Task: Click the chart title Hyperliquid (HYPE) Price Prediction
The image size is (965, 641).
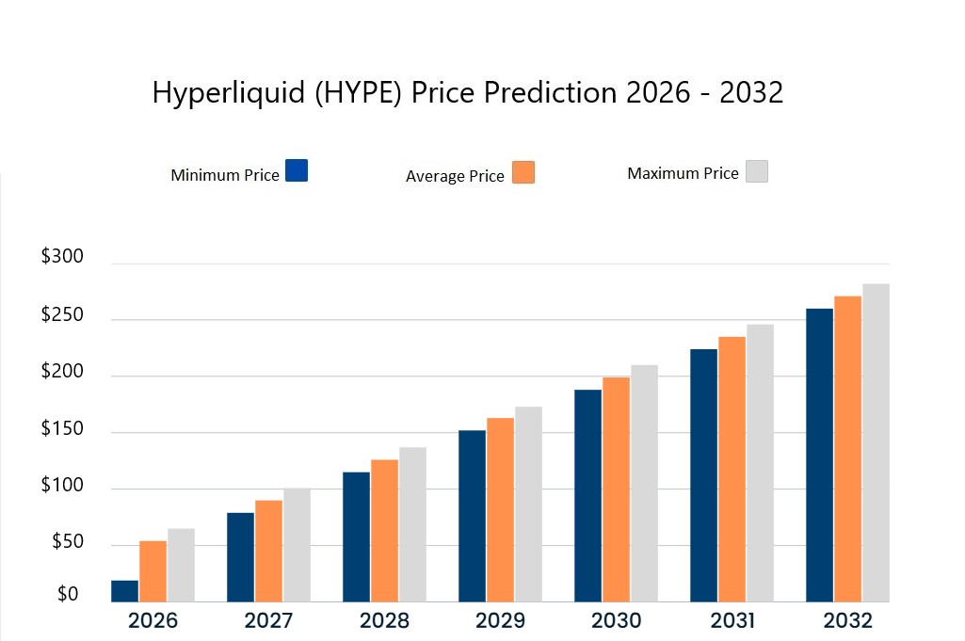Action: [x=468, y=93]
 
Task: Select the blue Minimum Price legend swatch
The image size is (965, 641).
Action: [x=296, y=170]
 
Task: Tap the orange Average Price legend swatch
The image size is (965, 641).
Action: [x=523, y=172]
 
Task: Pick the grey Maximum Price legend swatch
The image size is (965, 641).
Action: [x=757, y=170]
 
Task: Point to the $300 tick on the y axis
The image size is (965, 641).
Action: [x=62, y=257]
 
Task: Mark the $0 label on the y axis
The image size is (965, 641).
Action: [x=68, y=595]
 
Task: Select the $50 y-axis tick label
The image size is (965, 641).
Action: [x=66, y=543]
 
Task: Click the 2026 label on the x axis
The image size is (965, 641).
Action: [x=153, y=621]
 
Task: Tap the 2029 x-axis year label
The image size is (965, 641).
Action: [x=500, y=621]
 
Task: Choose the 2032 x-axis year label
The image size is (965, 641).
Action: [x=847, y=621]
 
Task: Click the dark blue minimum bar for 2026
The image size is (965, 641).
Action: [x=124, y=591]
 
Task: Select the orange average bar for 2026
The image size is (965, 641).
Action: [x=153, y=571]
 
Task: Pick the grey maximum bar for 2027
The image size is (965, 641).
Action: [x=297, y=545]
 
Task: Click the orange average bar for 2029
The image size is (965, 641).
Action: [x=500, y=509]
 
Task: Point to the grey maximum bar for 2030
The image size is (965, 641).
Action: [x=644, y=483]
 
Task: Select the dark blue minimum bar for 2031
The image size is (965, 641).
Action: [x=703, y=475]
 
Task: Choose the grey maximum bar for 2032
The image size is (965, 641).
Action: [x=876, y=442]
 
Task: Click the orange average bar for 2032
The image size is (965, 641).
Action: [x=847, y=449]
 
